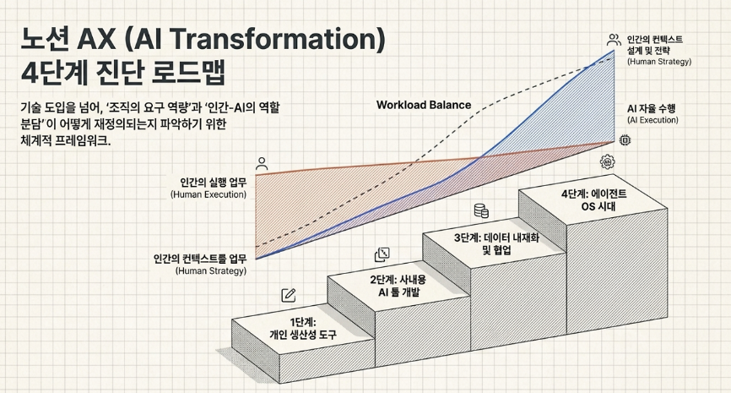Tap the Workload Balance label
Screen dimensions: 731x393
click(x=424, y=105)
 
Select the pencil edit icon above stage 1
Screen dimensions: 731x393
click(x=289, y=295)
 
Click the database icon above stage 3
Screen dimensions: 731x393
click(x=481, y=210)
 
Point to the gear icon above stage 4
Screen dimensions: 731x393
click(x=607, y=161)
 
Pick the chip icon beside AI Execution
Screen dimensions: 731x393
click(x=625, y=139)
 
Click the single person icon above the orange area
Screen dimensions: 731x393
click(x=262, y=163)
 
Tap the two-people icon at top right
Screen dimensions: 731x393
click(x=614, y=40)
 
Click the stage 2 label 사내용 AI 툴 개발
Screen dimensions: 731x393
click(x=398, y=287)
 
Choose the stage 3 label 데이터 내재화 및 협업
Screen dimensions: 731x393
click(x=496, y=243)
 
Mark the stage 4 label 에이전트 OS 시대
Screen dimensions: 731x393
click(x=594, y=199)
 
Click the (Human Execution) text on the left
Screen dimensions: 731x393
click(x=208, y=194)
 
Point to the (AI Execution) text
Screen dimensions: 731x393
click(x=652, y=120)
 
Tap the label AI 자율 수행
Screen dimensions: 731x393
click(x=651, y=109)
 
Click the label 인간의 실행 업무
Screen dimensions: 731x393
click(x=214, y=182)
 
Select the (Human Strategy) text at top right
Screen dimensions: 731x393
click(x=659, y=62)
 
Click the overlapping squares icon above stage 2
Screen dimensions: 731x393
click(x=382, y=254)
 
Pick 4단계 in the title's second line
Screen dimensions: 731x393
click(x=55, y=73)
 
